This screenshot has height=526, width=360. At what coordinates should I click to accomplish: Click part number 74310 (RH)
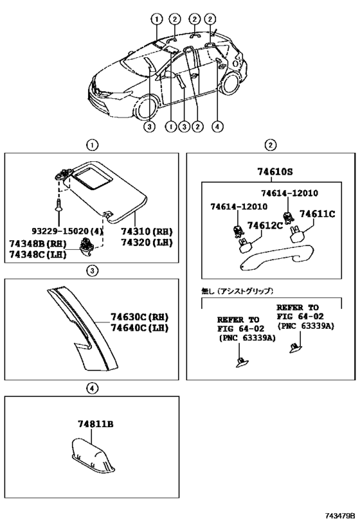pyautogui.click(x=147, y=231)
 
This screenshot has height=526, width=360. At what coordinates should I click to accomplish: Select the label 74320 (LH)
pyautogui.click(x=147, y=242)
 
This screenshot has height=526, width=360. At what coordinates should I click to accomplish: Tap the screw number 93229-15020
pyautogui.click(x=64, y=231)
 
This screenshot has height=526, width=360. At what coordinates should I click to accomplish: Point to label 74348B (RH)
pyautogui.click(x=38, y=243)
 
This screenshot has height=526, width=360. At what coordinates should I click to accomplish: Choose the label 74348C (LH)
pyautogui.click(x=38, y=254)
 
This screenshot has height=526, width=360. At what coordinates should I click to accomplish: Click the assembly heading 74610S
pyautogui.click(x=275, y=171)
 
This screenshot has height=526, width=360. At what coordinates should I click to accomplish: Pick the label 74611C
pyautogui.click(x=317, y=214)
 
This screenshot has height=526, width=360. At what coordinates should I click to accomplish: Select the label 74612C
pyautogui.click(x=265, y=225)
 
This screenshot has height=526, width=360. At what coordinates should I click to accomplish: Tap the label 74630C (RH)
pyautogui.click(x=139, y=317)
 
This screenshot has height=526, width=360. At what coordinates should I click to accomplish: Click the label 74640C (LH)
pyautogui.click(x=139, y=328)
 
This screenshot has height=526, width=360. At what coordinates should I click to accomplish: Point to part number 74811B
pyautogui.click(x=96, y=424)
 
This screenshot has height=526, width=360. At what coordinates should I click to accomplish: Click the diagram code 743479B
pyautogui.click(x=339, y=515)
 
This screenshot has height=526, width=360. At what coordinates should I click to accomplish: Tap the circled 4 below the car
pyautogui.click(x=217, y=127)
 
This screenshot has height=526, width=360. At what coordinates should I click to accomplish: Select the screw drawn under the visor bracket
pyautogui.click(x=59, y=205)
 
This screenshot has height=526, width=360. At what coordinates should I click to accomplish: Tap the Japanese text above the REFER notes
pyautogui.click(x=237, y=291)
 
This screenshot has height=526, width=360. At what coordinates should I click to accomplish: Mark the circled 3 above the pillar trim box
pyautogui.click(x=92, y=270)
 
